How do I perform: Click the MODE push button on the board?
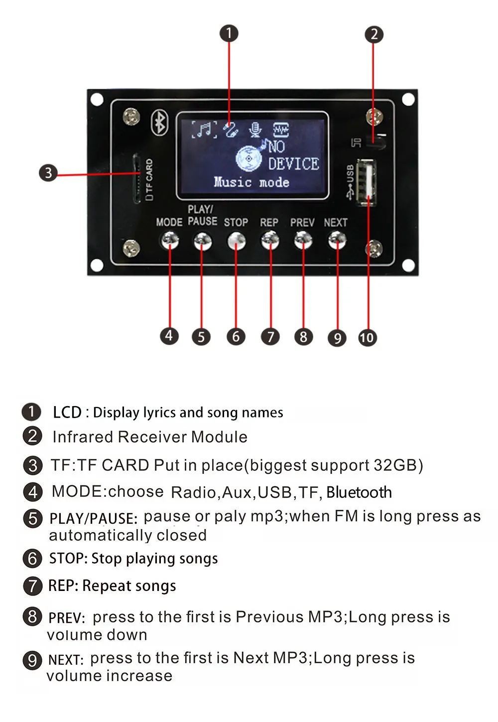(169, 241)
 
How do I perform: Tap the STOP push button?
(236, 242)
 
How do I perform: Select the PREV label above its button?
(302, 223)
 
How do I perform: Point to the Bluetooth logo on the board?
(160, 123)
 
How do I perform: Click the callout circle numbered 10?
(367, 338)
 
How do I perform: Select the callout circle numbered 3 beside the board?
(48, 173)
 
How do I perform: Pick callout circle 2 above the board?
(374, 34)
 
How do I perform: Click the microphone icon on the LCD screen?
(255, 130)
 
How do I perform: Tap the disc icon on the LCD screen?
(249, 158)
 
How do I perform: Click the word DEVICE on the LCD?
(293, 164)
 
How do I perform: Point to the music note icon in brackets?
(205, 130)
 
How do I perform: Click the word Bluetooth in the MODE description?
(359, 492)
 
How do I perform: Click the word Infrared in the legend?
(83, 437)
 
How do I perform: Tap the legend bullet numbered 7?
(32, 586)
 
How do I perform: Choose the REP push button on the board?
(270, 242)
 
